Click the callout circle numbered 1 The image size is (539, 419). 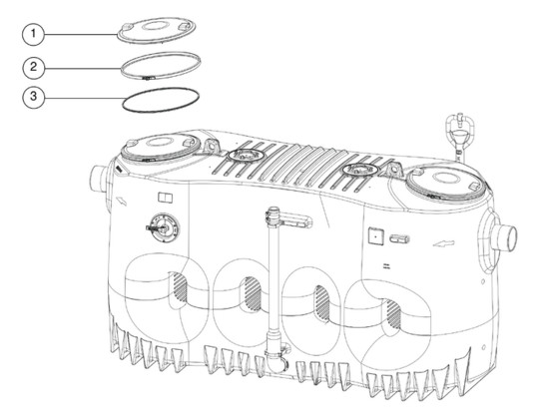click(x=33, y=34)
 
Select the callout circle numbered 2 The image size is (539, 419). click(x=33, y=67)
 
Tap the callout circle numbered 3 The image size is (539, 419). click(x=33, y=97)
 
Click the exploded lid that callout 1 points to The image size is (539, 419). click(x=157, y=30)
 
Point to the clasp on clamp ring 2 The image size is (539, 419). click(x=148, y=78)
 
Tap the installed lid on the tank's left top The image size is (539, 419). click(x=161, y=148)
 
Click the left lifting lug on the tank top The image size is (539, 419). click(x=212, y=146)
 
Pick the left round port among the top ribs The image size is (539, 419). click(x=246, y=156)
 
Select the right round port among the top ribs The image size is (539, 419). click(x=362, y=169)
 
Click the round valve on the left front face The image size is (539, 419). click(x=163, y=227)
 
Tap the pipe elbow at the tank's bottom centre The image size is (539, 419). click(x=278, y=359)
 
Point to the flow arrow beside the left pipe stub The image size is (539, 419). click(x=122, y=201)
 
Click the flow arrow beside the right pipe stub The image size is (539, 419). click(x=444, y=243)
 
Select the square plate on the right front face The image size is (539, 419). click(x=376, y=235)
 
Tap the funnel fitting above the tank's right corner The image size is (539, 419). click(x=460, y=133)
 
